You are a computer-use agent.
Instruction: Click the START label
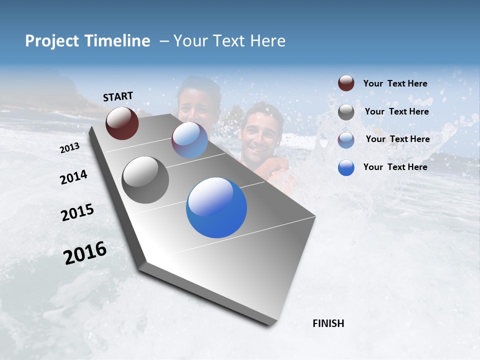118,96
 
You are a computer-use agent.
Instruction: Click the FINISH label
328,323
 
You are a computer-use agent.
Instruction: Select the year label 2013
70,148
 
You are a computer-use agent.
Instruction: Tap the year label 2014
74,177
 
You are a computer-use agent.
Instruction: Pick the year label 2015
77,212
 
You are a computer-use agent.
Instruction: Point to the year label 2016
85,253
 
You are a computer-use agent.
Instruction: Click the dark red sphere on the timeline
122,123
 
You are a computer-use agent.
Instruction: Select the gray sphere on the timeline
145,180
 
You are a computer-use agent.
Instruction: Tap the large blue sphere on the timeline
216,207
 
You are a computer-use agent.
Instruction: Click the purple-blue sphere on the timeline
189,140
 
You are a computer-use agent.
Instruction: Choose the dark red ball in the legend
346,83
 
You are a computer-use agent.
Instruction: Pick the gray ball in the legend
346,112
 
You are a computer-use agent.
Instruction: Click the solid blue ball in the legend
346,167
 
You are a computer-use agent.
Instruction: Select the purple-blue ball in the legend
346,139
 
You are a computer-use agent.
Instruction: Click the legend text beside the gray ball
396,111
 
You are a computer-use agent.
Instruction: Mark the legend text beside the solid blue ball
395,167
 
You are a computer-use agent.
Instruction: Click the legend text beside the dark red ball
395,83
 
